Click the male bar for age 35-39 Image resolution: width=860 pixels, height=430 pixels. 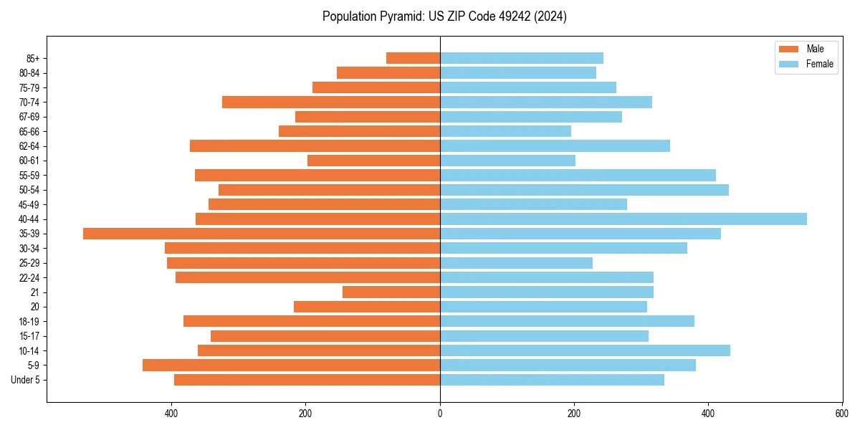tap(262, 234)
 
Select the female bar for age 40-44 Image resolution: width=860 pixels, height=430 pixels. tap(623, 219)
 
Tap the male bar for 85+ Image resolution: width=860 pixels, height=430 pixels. tap(413, 58)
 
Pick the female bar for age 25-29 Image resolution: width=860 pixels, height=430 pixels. tap(516, 263)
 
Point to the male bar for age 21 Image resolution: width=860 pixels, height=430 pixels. tap(391, 292)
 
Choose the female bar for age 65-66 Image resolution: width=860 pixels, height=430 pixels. tap(505, 131)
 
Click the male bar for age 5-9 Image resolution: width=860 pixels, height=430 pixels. tap(291, 365)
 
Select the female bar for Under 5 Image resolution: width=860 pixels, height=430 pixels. tap(552, 380)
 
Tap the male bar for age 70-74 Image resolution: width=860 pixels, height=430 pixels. tap(331, 102)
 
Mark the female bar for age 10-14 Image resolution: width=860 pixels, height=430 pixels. tap(585, 350)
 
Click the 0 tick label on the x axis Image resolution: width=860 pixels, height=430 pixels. tap(440, 414)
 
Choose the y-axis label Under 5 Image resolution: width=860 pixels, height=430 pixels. tap(26, 380)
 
